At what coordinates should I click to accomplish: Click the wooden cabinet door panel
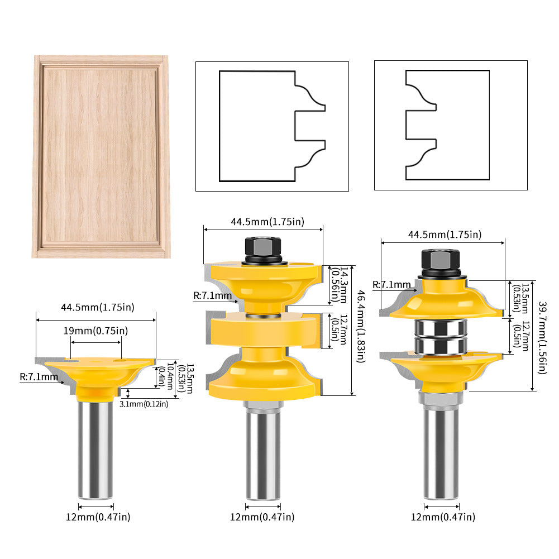[x=101, y=156]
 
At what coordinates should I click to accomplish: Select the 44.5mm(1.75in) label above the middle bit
[x=267, y=221]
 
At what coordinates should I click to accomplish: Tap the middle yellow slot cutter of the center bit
[x=263, y=332]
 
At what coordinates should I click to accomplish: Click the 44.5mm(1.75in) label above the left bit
[x=98, y=307]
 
